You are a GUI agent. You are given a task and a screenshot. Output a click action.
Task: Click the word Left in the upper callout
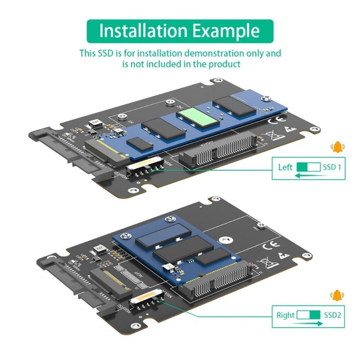point(285,167)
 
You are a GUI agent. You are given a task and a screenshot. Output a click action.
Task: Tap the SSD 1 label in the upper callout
point(332,167)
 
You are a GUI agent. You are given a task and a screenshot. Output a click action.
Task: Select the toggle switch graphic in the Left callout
point(309,167)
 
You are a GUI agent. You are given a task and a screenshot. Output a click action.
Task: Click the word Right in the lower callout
point(285,315)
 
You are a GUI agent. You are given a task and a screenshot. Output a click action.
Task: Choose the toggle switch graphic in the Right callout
point(309,315)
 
